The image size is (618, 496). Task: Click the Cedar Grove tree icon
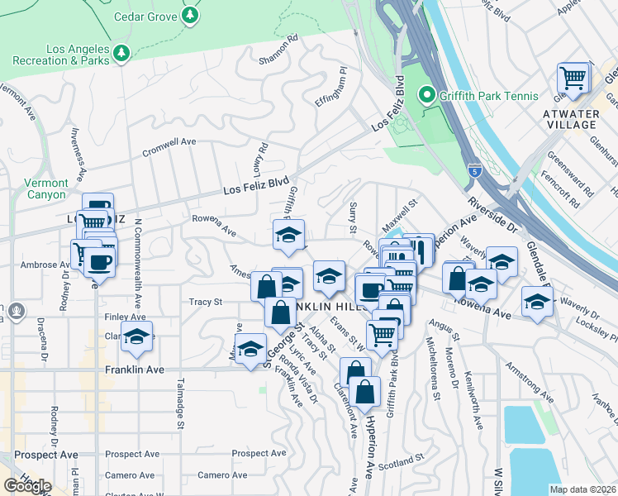click(191, 15)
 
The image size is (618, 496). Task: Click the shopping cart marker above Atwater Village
click(573, 79)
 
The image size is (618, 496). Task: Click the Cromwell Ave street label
click(169, 146)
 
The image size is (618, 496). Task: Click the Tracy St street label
click(206, 303)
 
